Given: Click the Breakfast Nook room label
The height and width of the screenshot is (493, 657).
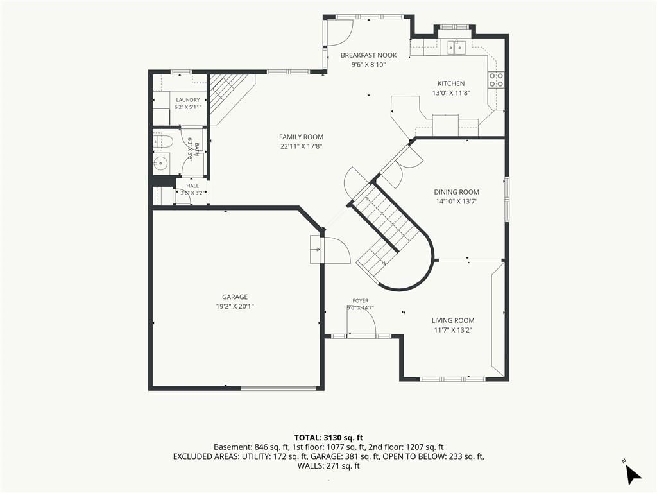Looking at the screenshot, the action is click(368, 55).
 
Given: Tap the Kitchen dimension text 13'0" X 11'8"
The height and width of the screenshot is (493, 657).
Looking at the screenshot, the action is click(451, 93).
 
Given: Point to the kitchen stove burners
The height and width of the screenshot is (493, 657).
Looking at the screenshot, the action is click(496, 80).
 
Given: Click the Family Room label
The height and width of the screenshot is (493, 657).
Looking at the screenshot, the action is click(302, 137).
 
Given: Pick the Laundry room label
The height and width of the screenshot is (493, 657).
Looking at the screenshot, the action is click(188, 100).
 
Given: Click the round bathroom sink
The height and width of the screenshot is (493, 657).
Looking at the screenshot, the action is click(160, 163).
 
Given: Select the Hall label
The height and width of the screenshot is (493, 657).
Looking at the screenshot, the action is click(192, 186).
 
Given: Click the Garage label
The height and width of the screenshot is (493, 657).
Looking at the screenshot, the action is click(235, 297).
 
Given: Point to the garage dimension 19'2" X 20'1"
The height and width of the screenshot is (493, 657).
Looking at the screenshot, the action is click(235, 306).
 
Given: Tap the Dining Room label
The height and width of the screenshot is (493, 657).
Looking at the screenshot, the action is click(456, 192).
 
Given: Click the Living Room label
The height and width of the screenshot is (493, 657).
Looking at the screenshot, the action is click(453, 321).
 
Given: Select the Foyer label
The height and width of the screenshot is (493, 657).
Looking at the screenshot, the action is click(361, 301).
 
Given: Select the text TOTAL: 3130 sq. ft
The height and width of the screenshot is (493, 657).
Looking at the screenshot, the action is click(328, 438).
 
